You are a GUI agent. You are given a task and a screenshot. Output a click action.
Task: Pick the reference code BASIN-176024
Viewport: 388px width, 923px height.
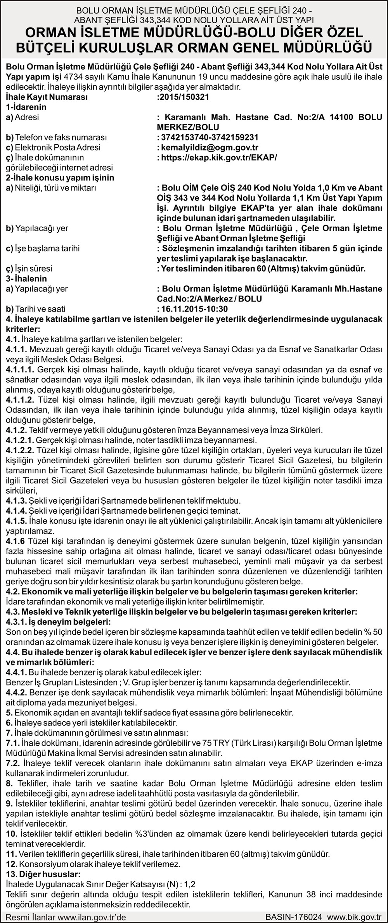(x=294, y=917)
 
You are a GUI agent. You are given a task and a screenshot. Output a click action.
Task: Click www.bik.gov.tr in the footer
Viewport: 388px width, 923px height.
(x=355, y=917)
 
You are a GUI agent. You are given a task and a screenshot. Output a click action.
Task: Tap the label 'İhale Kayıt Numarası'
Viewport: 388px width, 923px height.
(x=47, y=97)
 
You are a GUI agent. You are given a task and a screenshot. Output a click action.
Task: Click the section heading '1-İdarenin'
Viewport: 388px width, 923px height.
(x=26, y=107)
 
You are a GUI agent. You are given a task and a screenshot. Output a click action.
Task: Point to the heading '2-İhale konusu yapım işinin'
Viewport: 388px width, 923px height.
(x=60, y=178)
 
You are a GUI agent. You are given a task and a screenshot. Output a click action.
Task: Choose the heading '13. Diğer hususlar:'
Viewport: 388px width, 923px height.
(x=43, y=874)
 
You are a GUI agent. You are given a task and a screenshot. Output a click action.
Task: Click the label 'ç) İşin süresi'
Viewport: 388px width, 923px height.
(x=29, y=268)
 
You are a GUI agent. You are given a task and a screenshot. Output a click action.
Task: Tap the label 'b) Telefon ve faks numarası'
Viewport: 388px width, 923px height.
(x=56, y=137)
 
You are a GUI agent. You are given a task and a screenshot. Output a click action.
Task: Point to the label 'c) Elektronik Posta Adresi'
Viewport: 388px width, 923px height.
(x=53, y=147)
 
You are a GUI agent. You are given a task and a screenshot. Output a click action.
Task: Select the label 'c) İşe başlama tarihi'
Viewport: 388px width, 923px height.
(x=43, y=248)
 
